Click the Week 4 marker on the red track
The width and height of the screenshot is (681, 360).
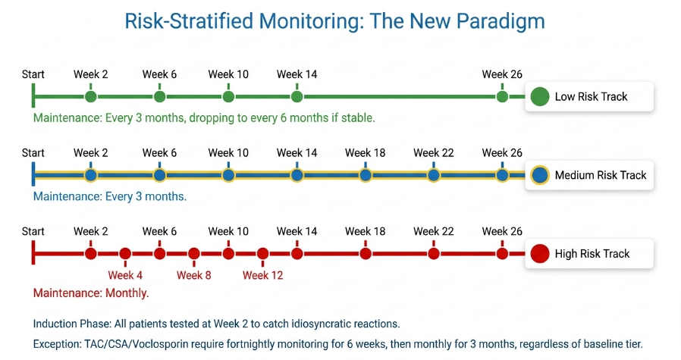[x=125, y=254]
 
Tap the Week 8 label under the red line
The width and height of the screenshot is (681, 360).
[x=193, y=275]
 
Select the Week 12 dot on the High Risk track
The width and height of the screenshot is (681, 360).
[x=262, y=254]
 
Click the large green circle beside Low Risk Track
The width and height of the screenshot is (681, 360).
[x=540, y=96]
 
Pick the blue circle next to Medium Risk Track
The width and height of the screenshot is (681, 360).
[x=540, y=175]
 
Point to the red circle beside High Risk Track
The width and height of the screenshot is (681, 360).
[x=540, y=254]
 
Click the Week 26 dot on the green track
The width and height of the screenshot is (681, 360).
[x=502, y=96]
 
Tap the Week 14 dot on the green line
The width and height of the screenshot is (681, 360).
[x=297, y=96]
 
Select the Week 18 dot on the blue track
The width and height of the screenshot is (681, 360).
[x=366, y=175]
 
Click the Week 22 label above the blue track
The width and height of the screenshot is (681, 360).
[x=434, y=153]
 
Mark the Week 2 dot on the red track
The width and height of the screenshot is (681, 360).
[x=91, y=254]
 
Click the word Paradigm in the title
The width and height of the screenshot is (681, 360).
[x=501, y=22]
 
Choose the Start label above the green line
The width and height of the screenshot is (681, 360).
[x=33, y=74]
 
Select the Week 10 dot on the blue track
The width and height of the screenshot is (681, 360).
[x=228, y=175]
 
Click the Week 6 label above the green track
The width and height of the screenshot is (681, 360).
[x=159, y=74]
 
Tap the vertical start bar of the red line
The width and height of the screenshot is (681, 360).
[x=33, y=253]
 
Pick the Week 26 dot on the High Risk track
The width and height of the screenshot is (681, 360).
[x=502, y=254]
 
